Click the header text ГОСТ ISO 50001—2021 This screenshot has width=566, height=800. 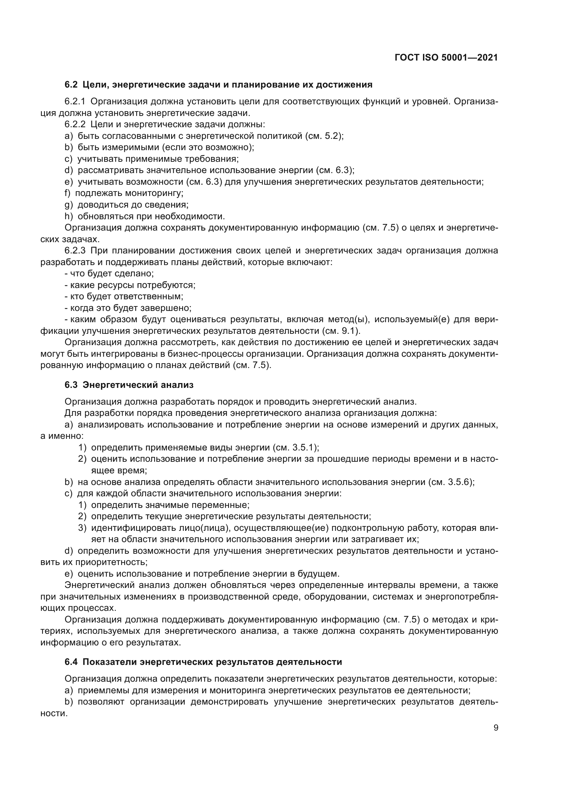(446, 58)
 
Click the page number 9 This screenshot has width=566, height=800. (496, 728)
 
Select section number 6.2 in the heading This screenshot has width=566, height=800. (71, 85)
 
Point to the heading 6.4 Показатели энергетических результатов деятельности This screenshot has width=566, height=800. (203, 662)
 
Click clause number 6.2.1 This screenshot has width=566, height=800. (75, 102)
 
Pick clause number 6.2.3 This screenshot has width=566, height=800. (75, 251)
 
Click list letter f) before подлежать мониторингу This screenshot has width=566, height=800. (67, 193)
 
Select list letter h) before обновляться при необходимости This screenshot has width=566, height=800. (68, 217)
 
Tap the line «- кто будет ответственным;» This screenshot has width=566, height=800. (124, 297)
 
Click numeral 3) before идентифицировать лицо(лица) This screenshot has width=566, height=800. (82, 528)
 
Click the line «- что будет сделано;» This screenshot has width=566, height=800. (109, 274)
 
